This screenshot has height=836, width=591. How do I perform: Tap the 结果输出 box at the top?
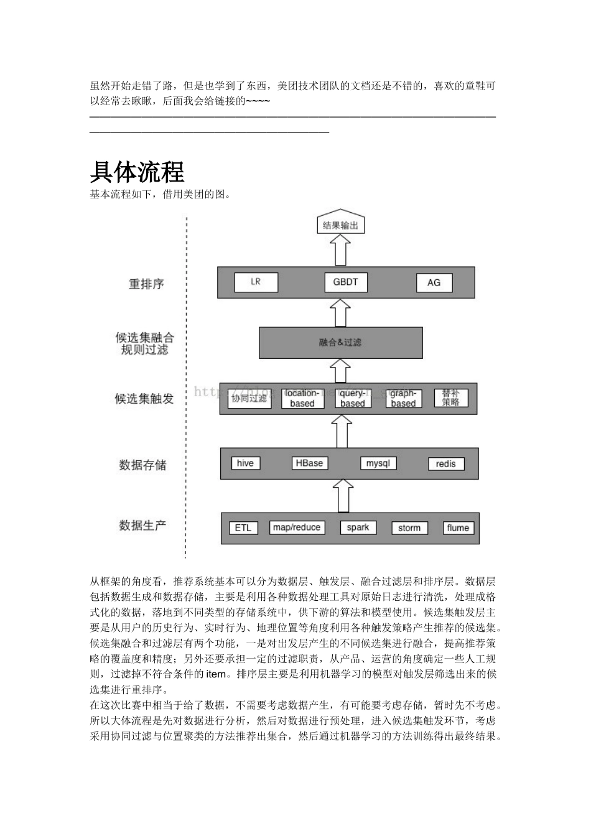[x=340, y=225]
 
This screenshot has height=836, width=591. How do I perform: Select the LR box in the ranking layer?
[x=256, y=282]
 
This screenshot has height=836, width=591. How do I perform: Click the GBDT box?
[x=345, y=282]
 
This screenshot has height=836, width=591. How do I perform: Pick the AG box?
[x=434, y=283]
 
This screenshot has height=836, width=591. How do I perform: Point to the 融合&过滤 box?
[x=340, y=343]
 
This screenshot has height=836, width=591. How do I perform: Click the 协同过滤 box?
[x=249, y=399]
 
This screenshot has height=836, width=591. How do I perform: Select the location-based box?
[x=302, y=399]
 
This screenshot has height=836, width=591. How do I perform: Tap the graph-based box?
[x=403, y=399]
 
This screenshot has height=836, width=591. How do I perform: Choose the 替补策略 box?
[x=450, y=398]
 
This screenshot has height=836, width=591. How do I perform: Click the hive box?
[x=245, y=463]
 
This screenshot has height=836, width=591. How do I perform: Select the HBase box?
[x=309, y=463]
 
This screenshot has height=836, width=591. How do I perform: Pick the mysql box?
[x=378, y=463]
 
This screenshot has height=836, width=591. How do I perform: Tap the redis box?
[x=445, y=464]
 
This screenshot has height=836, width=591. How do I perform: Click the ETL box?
[x=243, y=528]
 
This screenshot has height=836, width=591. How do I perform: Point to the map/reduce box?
[x=297, y=527]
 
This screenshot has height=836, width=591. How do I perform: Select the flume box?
[x=458, y=528]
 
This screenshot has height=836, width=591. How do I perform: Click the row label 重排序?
[x=146, y=284]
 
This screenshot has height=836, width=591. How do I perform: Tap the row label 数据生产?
[x=142, y=526]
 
